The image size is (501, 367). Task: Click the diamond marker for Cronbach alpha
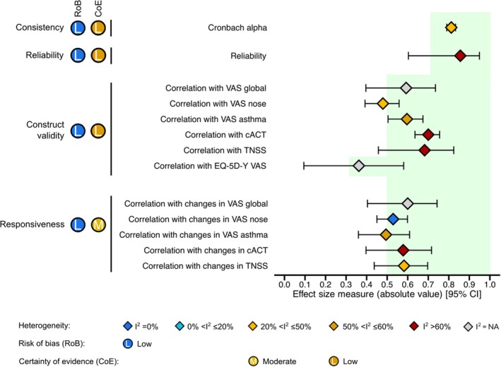(x=451, y=28)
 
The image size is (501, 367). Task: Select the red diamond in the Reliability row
(x=461, y=56)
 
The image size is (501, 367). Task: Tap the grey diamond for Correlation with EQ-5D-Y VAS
(x=358, y=166)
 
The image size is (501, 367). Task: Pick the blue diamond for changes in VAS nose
(x=393, y=219)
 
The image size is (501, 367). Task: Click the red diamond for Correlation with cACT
(x=428, y=135)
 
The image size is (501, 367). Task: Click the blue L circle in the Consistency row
(x=78, y=28)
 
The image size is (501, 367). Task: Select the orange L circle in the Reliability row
(x=98, y=56)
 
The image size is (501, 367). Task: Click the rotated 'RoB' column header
(x=78, y=10)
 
